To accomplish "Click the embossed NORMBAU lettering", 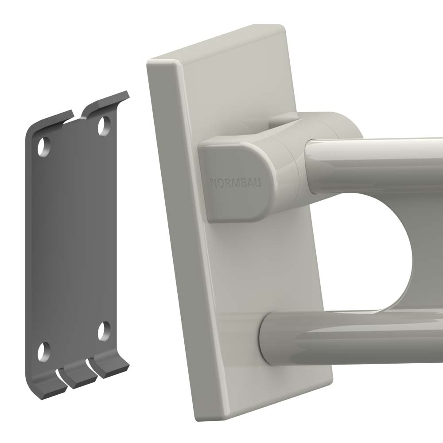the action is (236, 183).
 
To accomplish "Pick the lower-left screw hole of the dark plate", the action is (44, 352).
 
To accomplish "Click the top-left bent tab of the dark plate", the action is (51, 121).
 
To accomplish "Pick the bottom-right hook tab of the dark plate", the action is (110, 366).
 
